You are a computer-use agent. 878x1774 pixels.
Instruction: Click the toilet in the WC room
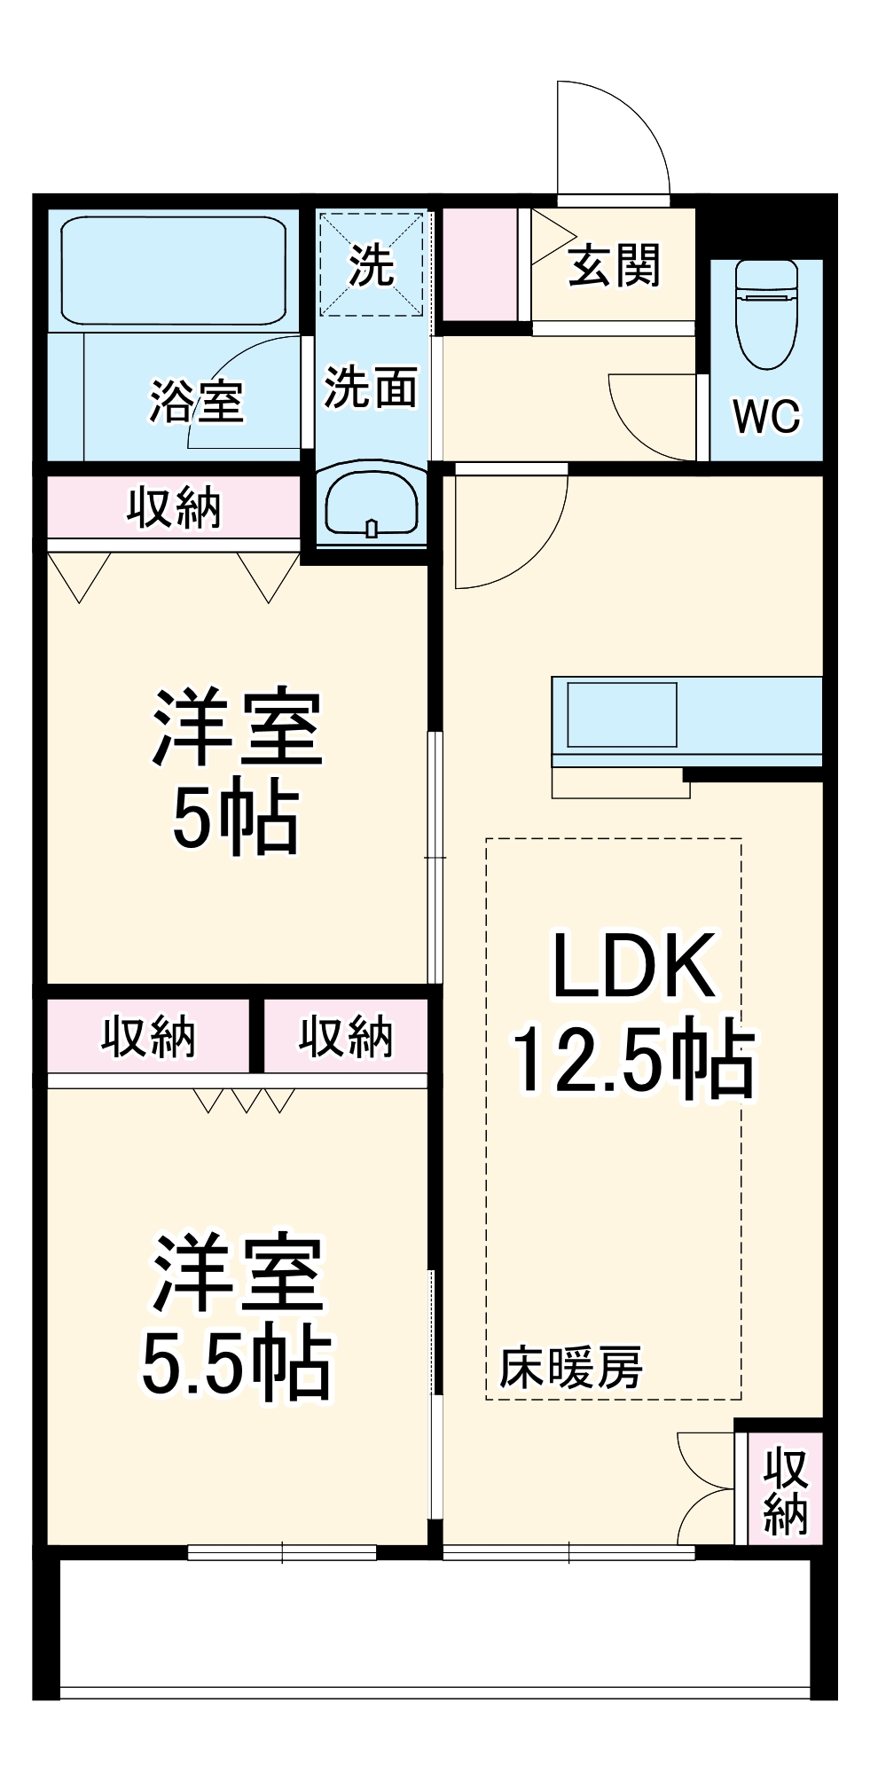766,315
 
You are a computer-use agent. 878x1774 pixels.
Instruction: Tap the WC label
766,415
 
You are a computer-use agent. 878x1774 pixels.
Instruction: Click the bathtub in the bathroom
174,270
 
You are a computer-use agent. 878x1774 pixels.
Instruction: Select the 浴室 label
196,402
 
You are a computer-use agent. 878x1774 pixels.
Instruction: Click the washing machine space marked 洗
372,264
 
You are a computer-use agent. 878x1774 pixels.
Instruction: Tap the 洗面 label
371,387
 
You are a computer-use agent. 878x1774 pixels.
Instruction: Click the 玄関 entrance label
614,265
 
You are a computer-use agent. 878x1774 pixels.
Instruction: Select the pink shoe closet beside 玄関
480,264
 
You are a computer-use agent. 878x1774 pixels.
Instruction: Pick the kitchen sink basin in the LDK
622,714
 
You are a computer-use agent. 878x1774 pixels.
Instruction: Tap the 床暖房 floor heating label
570,1367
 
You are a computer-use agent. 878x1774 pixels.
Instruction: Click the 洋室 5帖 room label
236,771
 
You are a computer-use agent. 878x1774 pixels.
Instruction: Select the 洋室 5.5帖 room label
236,1316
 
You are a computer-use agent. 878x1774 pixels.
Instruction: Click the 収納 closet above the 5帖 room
174,507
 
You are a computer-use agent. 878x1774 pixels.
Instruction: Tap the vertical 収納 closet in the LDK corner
785,1491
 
